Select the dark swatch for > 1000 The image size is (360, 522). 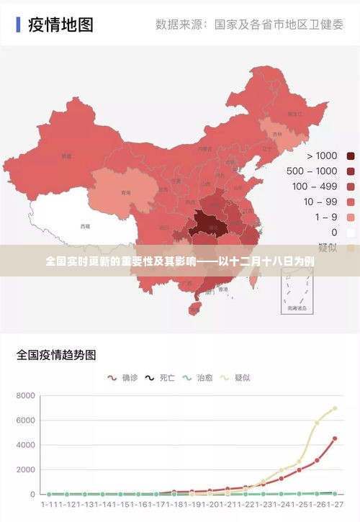tap(351, 156)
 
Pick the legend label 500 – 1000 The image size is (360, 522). tap(312, 171)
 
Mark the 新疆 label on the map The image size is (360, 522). tap(66, 156)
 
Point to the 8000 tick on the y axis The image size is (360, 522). tap(24, 396)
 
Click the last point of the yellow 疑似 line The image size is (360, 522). tap(335, 408)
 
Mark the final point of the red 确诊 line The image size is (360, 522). tap(335, 438)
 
